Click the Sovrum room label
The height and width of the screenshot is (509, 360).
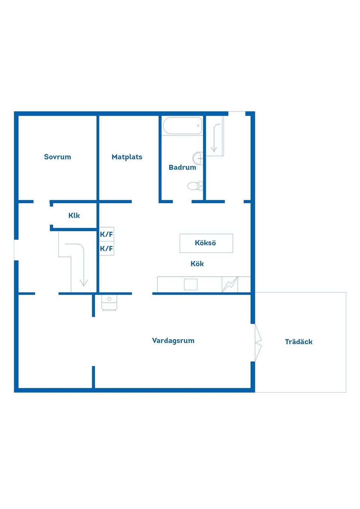[57, 157]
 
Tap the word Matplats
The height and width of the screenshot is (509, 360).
[127, 157]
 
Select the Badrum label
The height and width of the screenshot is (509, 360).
[182, 168]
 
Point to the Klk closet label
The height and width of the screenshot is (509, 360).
[74, 216]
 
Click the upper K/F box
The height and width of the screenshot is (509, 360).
[106, 234]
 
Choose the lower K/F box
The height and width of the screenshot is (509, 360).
[106, 248]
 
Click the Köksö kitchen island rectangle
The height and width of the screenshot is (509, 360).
[206, 243]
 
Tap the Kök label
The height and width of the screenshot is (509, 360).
[197, 264]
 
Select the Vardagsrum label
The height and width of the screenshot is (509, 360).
[173, 341]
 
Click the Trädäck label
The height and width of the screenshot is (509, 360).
[298, 342]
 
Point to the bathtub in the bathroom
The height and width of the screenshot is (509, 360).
[182, 126]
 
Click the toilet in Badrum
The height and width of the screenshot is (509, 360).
[195, 186]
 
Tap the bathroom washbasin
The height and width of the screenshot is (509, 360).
[198, 158]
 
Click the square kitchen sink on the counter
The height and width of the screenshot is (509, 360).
[190, 284]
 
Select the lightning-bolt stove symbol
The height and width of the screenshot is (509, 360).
[230, 284]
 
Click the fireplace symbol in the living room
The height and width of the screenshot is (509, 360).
[109, 303]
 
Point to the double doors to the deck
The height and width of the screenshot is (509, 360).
[258, 342]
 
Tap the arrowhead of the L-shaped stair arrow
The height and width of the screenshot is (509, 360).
[84, 283]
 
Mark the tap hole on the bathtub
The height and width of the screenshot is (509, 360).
[198, 126]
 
